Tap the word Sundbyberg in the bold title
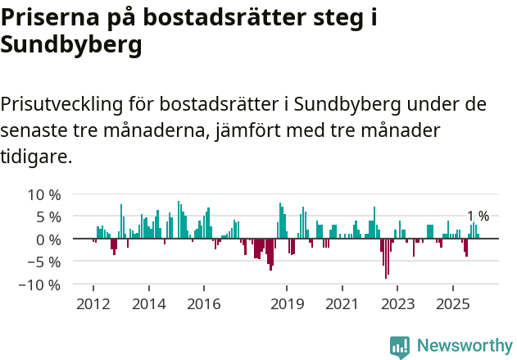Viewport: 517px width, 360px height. pyautogui.click(x=71, y=47)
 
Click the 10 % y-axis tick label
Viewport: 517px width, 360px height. pyautogui.click(x=44, y=195)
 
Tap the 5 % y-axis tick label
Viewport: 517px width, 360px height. pyautogui.click(x=48, y=217)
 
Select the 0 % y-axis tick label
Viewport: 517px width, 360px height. pyautogui.click(x=48, y=239)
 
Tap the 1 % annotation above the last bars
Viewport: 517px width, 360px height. pyautogui.click(x=478, y=216)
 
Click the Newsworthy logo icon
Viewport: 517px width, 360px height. pyautogui.click(x=400, y=346)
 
